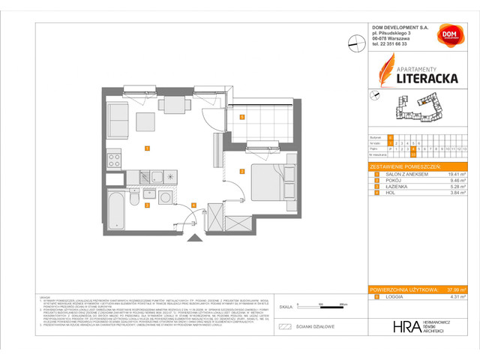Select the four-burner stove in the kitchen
114,160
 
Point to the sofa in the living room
117,118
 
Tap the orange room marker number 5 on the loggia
241,117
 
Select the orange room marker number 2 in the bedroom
241,171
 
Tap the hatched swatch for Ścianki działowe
284,327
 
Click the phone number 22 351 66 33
394,43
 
